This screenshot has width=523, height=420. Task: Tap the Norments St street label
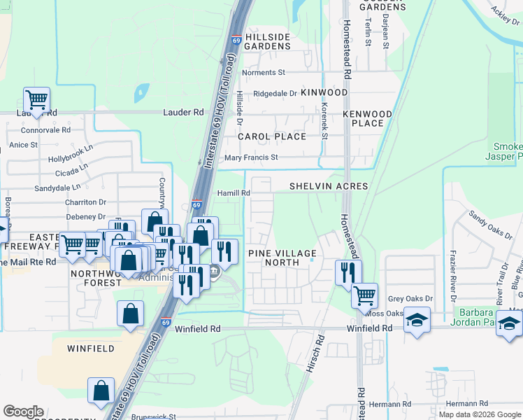point(264,72)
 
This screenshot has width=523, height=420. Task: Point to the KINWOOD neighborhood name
point(324,92)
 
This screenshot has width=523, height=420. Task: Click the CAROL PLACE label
point(272,136)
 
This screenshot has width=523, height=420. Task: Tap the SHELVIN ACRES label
point(329,186)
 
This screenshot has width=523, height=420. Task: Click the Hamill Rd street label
point(235,193)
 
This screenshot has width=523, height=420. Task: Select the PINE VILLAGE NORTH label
point(282,258)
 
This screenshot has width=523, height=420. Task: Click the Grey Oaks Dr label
point(410,299)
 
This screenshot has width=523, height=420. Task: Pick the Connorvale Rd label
point(46,130)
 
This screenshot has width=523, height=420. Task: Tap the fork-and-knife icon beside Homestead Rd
point(348,272)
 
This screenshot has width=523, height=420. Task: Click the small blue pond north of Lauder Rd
point(142,92)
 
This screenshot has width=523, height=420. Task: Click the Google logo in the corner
point(23,412)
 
